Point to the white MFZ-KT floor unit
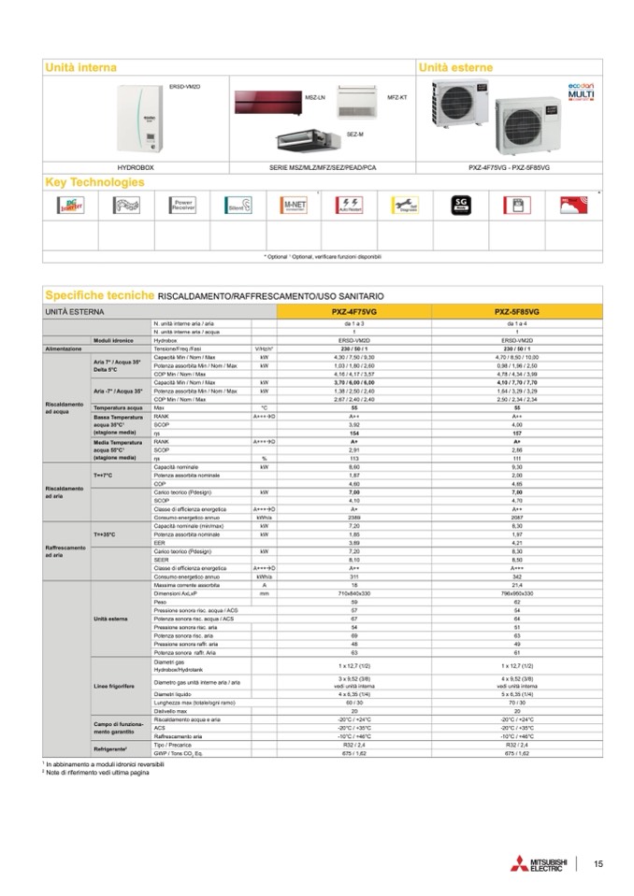click(x=355, y=100)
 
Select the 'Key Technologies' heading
click(x=94, y=181)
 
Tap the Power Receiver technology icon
click(x=182, y=206)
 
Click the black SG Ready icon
click(x=458, y=206)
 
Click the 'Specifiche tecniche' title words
click(x=100, y=294)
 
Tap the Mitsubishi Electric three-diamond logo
click(x=515, y=863)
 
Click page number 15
click(x=598, y=864)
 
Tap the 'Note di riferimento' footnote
click(x=98, y=773)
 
